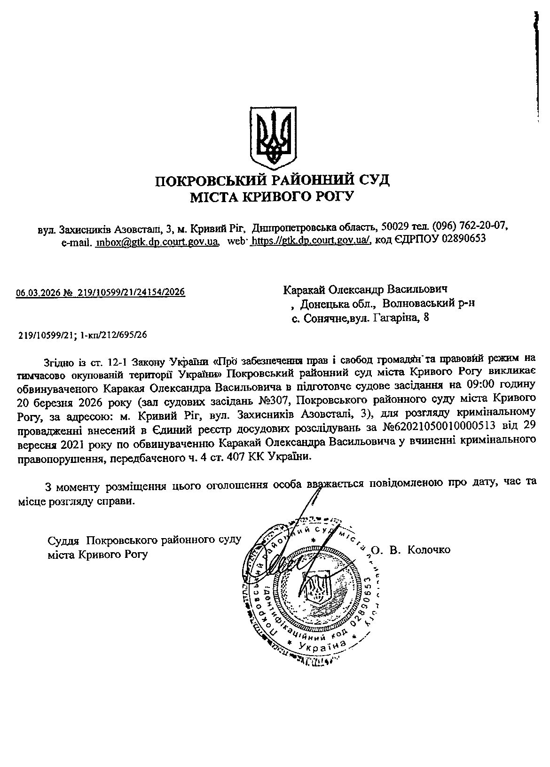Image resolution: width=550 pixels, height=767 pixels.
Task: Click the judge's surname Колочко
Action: click(429, 549)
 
